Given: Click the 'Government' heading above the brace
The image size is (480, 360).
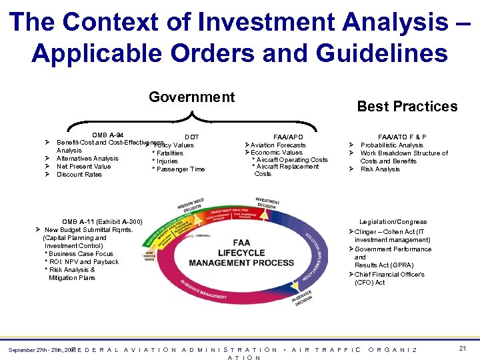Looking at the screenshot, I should tap(191, 97).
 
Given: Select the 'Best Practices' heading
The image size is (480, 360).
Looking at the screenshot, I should tap(407, 107).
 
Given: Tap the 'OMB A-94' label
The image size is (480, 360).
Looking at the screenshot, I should tap(107, 135).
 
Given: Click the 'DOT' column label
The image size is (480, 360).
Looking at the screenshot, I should tap(191, 137).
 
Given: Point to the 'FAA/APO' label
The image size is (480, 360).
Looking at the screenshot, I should tap(288, 137).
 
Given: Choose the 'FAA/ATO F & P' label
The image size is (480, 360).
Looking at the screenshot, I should tap(402, 137).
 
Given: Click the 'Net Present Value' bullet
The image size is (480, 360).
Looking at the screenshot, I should tap(83, 167).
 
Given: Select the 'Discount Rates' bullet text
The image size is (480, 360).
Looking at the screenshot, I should tap(79, 175).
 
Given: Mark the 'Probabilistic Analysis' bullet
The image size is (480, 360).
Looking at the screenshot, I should tap(391, 145).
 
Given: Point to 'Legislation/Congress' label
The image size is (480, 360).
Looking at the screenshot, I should tap(393, 222).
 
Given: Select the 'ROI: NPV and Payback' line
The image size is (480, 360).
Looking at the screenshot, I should tap(83, 262).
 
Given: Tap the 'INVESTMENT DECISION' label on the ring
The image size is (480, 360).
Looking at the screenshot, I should tap(267, 203).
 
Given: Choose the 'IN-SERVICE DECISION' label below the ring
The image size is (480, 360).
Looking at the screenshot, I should tap(304, 297).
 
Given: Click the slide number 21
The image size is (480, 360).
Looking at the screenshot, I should tap(463, 349).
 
